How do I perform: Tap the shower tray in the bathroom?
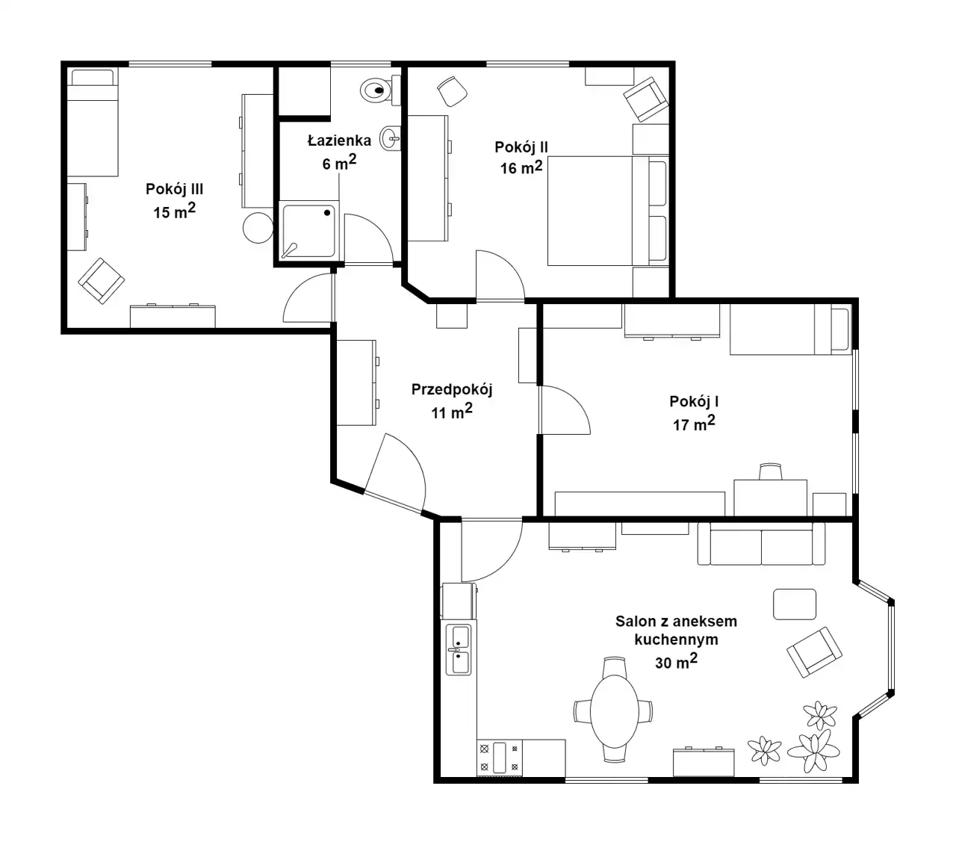[x=309, y=230]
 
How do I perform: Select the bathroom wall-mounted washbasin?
[x=391, y=138]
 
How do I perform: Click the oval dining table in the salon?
[x=614, y=711]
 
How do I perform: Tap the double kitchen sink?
[x=459, y=649]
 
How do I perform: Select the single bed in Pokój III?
[x=92, y=123]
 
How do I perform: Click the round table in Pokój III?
[x=258, y=228]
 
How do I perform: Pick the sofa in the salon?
[x=761, y=543]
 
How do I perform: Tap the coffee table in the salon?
[x=794, y=604]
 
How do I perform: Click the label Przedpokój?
[x=452, y=389]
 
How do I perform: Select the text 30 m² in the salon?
[x=676, y=661]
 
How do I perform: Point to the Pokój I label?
[x=694, y=402]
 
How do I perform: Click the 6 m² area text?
[x=339, y=162]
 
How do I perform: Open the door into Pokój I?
[x=565, y=410]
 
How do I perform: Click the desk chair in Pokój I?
[x=770, y=471]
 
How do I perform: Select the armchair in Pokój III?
[x=101, y=281]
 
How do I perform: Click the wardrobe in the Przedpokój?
[x=356, y=383]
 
